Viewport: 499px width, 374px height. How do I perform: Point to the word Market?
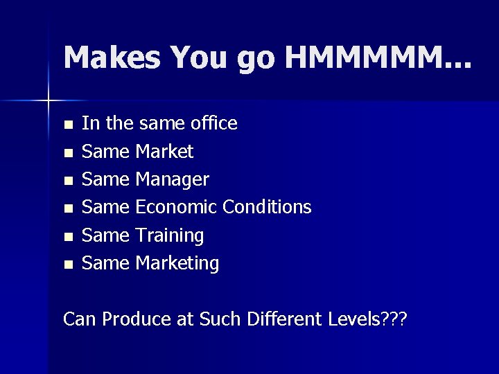(164, 151)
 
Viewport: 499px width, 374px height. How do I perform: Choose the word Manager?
(173, 180)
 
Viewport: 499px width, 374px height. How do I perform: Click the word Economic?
(177, 207)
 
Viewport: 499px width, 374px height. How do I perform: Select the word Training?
(170, 235)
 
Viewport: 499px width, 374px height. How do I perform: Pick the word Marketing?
(177, 263)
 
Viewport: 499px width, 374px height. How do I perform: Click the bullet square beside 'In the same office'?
(67, 125)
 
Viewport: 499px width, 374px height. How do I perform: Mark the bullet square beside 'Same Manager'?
(67, 180)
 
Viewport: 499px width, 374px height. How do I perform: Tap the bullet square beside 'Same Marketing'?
(67, 264)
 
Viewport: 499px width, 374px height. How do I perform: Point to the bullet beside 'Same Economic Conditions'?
(67, 208)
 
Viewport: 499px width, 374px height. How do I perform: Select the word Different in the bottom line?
(283, 319)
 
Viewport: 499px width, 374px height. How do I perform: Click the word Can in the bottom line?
(78, 319)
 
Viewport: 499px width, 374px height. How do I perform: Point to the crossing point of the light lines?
(49, 102)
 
